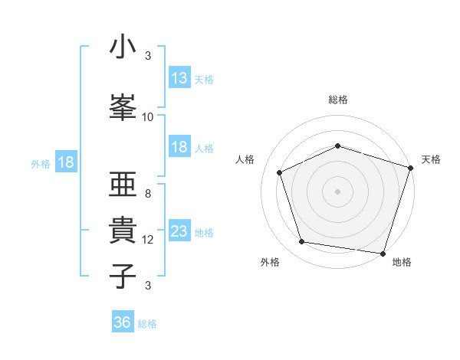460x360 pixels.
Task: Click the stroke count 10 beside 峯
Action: (x=148, y=117)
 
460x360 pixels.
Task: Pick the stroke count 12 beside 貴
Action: (x=148, y=240)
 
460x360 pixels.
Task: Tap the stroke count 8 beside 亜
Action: (x=147, y=194)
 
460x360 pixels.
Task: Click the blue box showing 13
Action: (x=179, y=78)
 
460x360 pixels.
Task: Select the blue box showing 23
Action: (x=179, y=231)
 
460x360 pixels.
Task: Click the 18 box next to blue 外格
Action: (x=64, y=162)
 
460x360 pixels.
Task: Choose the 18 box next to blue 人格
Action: (x=179, y=147)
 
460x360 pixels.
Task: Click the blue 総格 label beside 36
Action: (x=147, y=323)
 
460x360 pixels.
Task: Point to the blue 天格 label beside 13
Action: (x=203, y=79)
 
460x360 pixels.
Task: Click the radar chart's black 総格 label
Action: (x=337, y=100)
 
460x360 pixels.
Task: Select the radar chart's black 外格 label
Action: (x=270, y=263)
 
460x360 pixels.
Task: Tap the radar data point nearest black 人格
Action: (x=280, y=172)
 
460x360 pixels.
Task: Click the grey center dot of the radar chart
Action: (x=337, y=191)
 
